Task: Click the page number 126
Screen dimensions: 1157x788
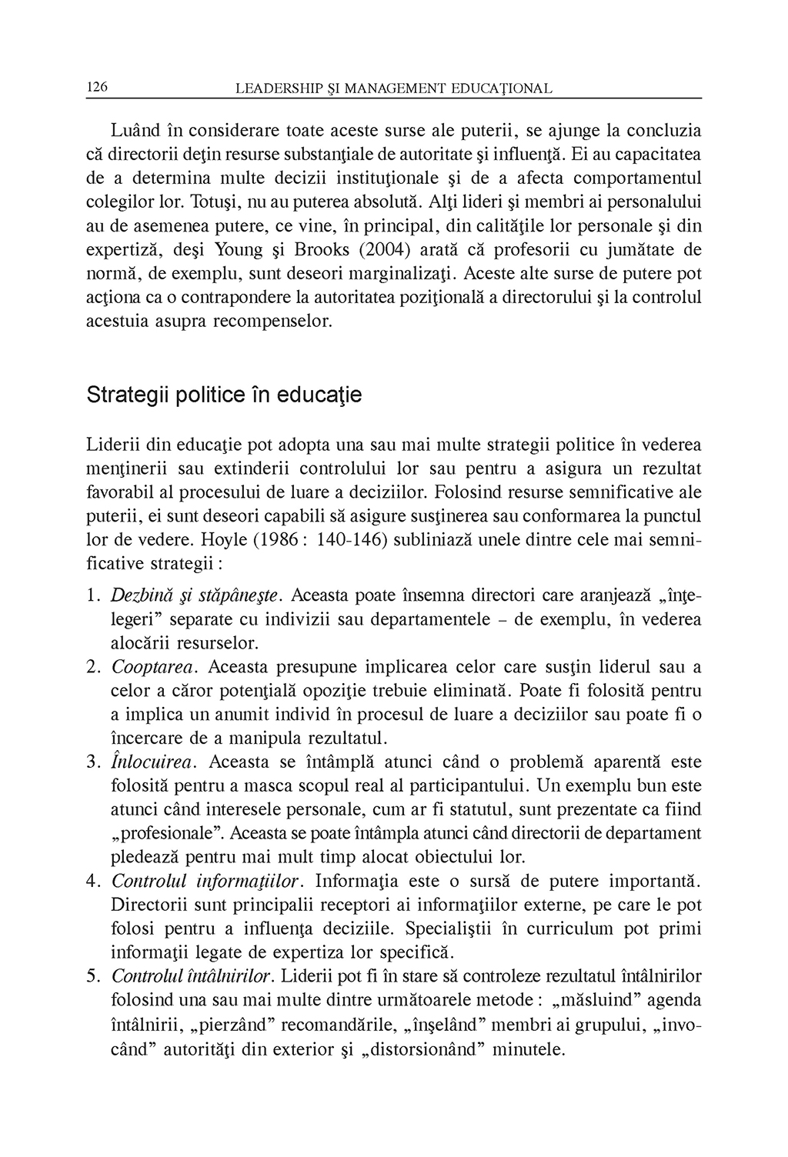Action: click(96, 87)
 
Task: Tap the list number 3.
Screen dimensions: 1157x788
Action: click(93, 762)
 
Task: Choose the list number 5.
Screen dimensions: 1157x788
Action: click(93, 977)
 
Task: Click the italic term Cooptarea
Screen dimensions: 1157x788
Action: click(155, 667)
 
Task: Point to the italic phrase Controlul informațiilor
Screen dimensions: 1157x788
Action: click(209, 882)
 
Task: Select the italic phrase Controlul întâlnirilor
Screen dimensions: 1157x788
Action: click(192, 977)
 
